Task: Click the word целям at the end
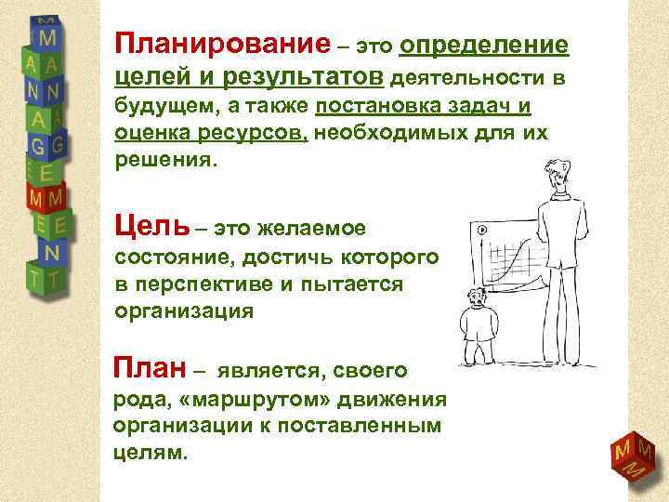(x=149, y=453)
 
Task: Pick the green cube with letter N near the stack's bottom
(x=50, y=252)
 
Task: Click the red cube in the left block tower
(x=44, y=198)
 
